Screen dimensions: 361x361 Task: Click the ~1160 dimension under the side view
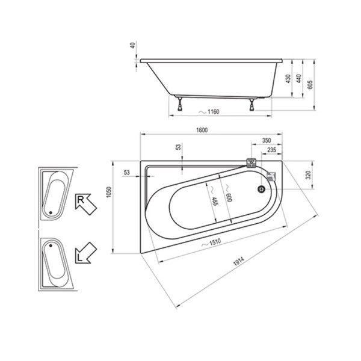click(209, 113)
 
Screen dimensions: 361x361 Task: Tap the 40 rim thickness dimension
click(132, 45)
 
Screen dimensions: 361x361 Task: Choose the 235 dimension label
click(271, 150)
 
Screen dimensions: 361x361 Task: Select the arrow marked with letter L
click(85, 251)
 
